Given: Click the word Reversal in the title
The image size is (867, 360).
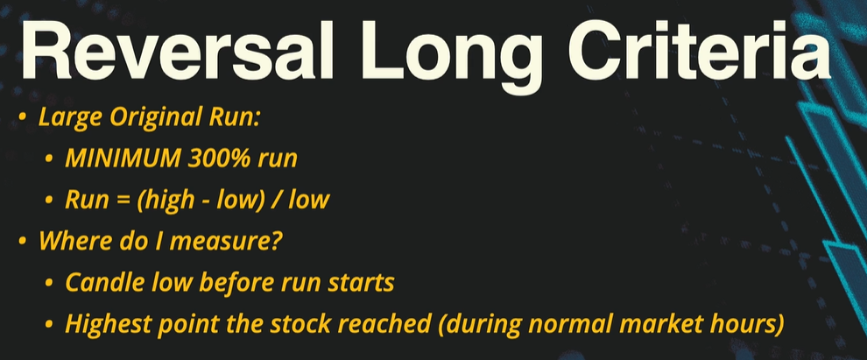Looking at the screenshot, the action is pos(177,51).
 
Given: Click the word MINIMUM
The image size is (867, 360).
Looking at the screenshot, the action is pos(123,159).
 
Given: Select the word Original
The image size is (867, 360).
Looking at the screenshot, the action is pos(151,117).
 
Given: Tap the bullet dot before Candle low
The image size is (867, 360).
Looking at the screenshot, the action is pos(50,283).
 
